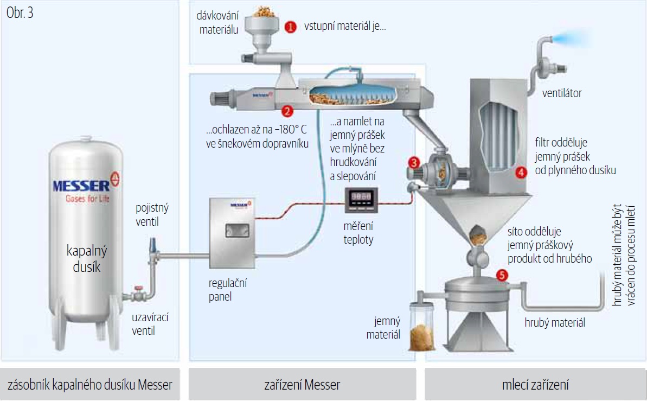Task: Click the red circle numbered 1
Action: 291,27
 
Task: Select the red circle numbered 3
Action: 414,162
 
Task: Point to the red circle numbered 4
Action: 521,173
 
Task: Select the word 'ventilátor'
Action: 562,93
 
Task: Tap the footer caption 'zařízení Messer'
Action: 302,385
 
